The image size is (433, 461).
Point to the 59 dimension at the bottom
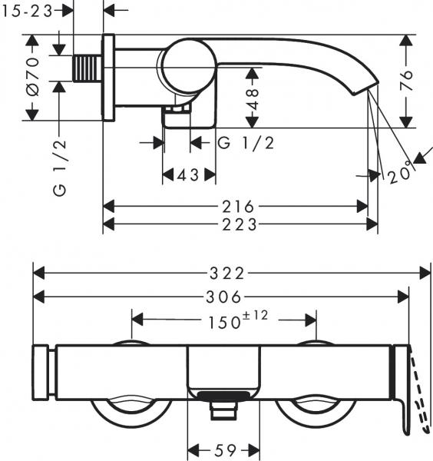tap(225, 449)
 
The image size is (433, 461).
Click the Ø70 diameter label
tap(31, 78)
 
